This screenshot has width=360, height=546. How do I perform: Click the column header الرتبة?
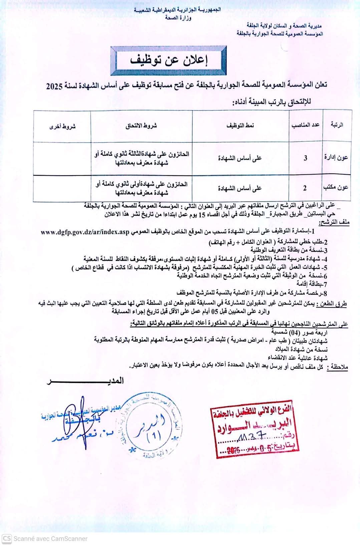pos(337,125)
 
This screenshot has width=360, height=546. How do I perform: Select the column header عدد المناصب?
pos(306,125)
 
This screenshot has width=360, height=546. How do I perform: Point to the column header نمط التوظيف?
pos(240,125)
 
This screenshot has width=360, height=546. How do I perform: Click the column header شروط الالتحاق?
pos(141,126)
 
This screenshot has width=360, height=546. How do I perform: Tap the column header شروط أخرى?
pos(62,126)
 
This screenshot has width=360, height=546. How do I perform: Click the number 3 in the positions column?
pos(305,158)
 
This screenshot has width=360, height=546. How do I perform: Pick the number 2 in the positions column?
pos(305,188)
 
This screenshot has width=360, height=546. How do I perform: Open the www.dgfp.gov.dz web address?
pos(86,232)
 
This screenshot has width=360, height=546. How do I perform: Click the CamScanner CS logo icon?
pos(7,538)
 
